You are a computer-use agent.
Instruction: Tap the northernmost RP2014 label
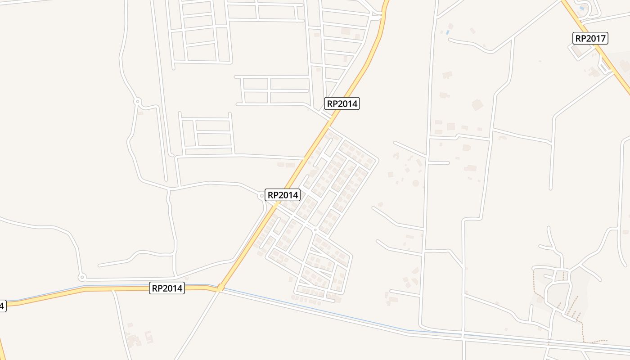[342, 103]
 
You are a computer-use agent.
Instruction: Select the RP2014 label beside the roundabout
[283, 195]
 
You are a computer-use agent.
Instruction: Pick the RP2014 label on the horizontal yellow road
[167, 288]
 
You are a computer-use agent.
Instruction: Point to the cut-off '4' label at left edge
[2, 306]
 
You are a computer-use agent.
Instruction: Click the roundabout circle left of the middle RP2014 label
[261, 196]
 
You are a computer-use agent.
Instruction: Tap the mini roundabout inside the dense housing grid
[315, 230]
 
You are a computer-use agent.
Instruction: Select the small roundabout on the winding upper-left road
[138, 102]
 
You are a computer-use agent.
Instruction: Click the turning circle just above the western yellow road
[81, 277]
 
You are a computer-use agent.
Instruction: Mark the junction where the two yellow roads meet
[220, 288]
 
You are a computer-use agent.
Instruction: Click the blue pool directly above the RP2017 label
[582, 8]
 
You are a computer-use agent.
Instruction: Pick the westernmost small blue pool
[447, 32]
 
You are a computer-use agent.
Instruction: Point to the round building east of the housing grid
[415, 183]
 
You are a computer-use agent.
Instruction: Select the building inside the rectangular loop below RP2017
[577, 52]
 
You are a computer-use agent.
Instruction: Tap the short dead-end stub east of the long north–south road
[439, 162]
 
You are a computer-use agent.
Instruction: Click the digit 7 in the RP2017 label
[603, 38]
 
